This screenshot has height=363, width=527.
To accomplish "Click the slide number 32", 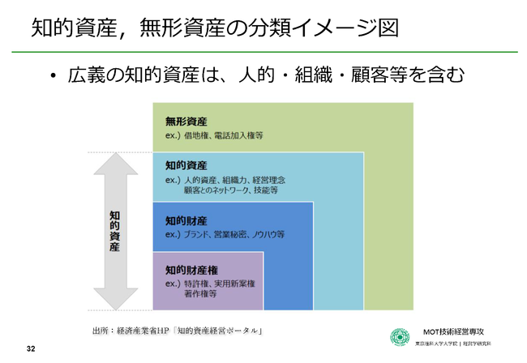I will point(31,348).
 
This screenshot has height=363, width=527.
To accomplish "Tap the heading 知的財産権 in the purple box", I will point(191,269).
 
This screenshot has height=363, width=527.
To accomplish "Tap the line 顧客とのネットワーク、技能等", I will point(230,190).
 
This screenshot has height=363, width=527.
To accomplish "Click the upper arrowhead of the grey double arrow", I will point(115,167).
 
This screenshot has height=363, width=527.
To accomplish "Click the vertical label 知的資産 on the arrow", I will point(115,231).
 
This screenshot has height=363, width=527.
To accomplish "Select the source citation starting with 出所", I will point(180,331).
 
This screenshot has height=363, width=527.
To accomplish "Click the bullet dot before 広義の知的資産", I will point(54,77).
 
